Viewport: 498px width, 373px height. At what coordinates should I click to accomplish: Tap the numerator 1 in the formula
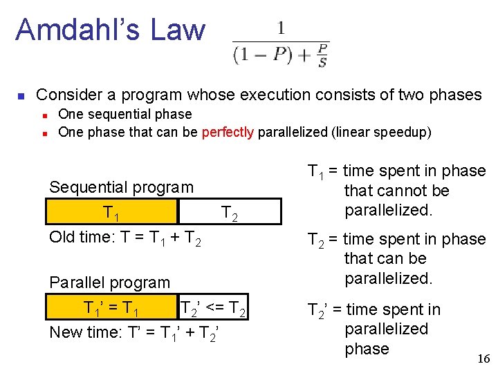pyautogui.click(x=281, y=28)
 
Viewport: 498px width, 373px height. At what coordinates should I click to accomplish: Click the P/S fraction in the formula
pyautogui.click(x=322, y=55)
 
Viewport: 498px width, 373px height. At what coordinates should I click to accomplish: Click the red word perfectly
pyautogui.click(x=228, y=132)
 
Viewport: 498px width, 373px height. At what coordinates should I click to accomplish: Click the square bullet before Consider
pyautogui.click(x=21, y=95)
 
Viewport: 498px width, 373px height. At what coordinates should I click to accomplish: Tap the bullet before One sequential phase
pyautogui.click(x=44, y=115)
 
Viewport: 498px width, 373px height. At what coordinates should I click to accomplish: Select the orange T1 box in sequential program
pyautogui.click(x=112, y=212)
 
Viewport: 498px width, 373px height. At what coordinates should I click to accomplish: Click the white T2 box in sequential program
pyautogui.click(x=230, y=212)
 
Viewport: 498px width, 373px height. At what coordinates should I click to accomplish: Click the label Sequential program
pyautogui.click(x=121, y=187)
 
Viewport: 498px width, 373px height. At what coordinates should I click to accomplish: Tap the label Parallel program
pyautogui.click(x=109, y=283)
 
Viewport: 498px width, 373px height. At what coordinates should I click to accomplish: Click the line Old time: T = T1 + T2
pyautogui.click(x=125, y=238)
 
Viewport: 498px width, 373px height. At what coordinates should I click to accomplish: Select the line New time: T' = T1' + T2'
pyautogui.click(x=136, y=333)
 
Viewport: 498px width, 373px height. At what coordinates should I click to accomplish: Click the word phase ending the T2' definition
pyautogui.click(x=367, y=349)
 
